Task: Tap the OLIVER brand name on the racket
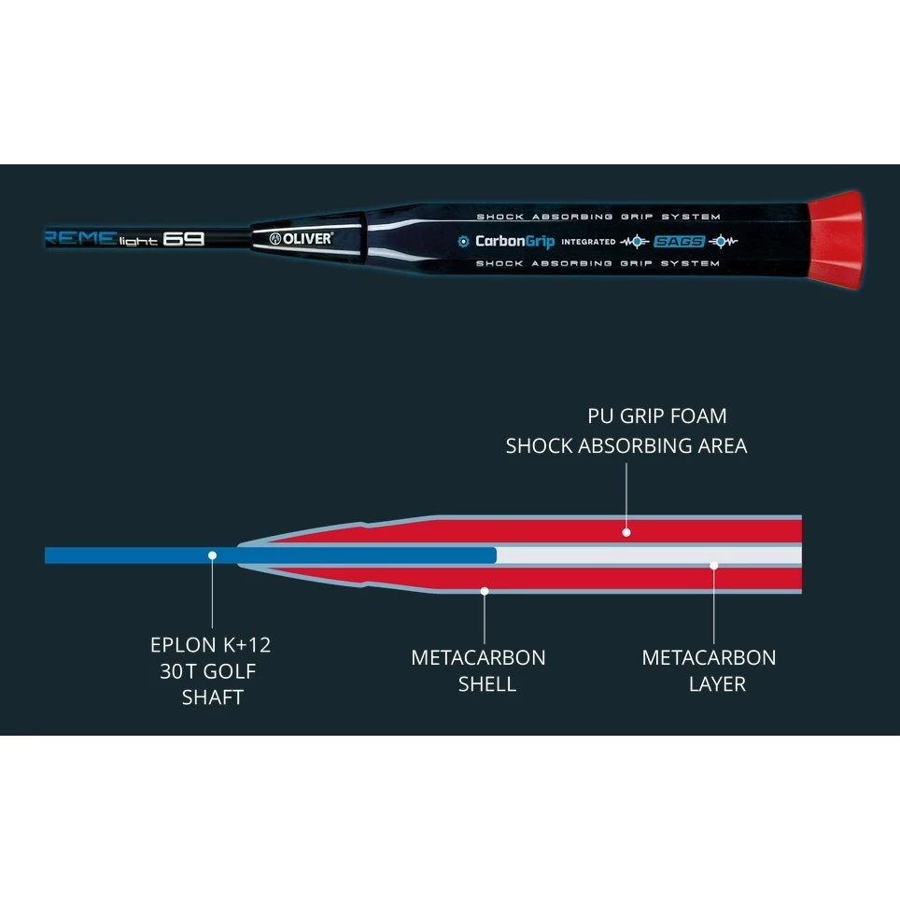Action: point(306,238)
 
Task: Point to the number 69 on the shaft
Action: point(183,238)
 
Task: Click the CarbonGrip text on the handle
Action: point(514,241)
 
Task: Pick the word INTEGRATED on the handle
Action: point(588,242)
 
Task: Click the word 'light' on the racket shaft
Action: point(137,241)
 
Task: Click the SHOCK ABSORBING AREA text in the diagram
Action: point(626,445)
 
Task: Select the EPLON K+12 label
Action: point(211,644)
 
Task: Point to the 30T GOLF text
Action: point(207,670)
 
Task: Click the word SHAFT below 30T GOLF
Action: point(212,696)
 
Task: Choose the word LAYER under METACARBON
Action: point(717,684)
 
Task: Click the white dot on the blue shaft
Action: point(213,555)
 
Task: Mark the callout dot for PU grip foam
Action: point(626,532)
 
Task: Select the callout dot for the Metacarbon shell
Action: point(484,590)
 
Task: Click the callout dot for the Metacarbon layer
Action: point(714,564)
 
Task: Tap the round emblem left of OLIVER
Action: point(275,238)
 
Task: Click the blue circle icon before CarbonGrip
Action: point(462,241)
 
